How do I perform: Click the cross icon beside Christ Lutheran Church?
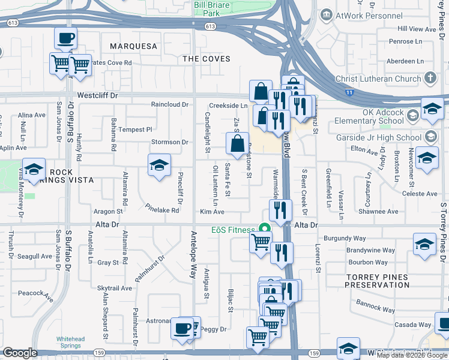point(430,78)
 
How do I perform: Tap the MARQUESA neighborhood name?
point(133,46)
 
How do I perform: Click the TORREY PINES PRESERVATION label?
point(377,281)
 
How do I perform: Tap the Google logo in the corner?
point(19,353)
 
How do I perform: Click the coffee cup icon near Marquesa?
point(65,38)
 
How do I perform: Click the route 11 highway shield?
point(349,92)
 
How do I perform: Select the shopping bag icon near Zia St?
point(237,143)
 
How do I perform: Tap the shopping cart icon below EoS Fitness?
point(260,242)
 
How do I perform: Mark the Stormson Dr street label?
point(170,142)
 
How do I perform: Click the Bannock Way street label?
point(375,306)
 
